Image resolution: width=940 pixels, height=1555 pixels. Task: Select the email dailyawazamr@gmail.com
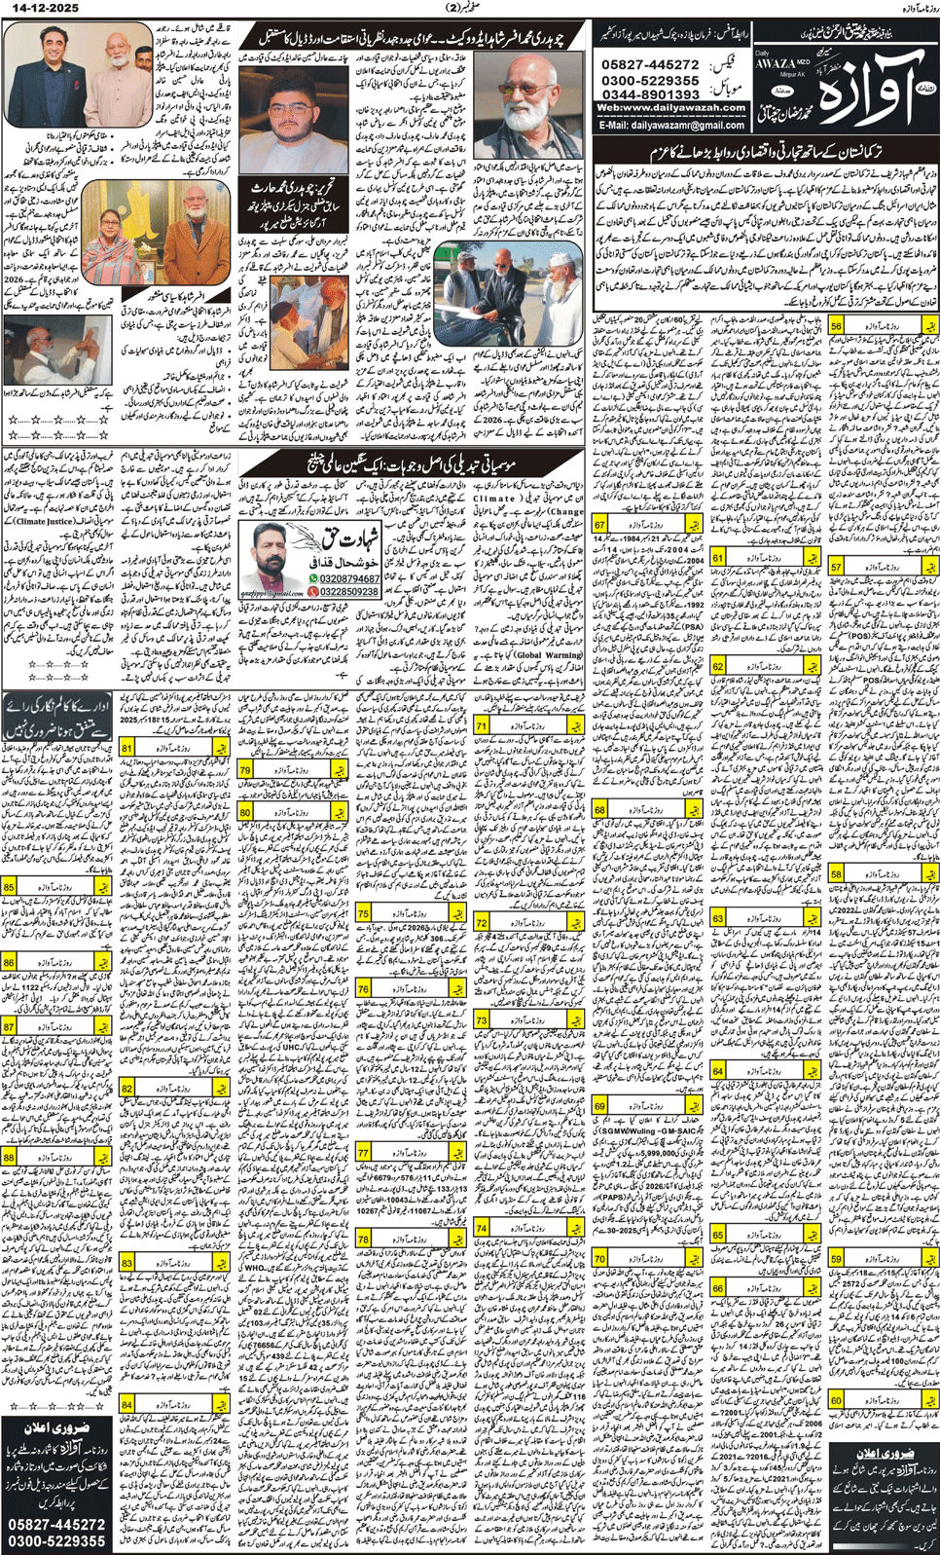pos(671,126)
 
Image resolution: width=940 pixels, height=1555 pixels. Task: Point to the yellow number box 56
pos(836,327)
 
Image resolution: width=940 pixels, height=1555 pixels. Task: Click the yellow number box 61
pos(718,558)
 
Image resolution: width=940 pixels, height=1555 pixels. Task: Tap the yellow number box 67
pos(600,524)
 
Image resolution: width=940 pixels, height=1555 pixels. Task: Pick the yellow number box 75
pos(364,913)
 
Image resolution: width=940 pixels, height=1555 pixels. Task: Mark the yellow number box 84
pos(128,1405)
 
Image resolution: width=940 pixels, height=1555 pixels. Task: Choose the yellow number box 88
pos(10,1158)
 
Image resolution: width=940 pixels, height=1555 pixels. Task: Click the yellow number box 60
pos(836,1400)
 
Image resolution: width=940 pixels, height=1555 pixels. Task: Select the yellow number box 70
pos(600,1258)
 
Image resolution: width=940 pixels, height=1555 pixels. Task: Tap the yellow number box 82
pos(128,1089)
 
